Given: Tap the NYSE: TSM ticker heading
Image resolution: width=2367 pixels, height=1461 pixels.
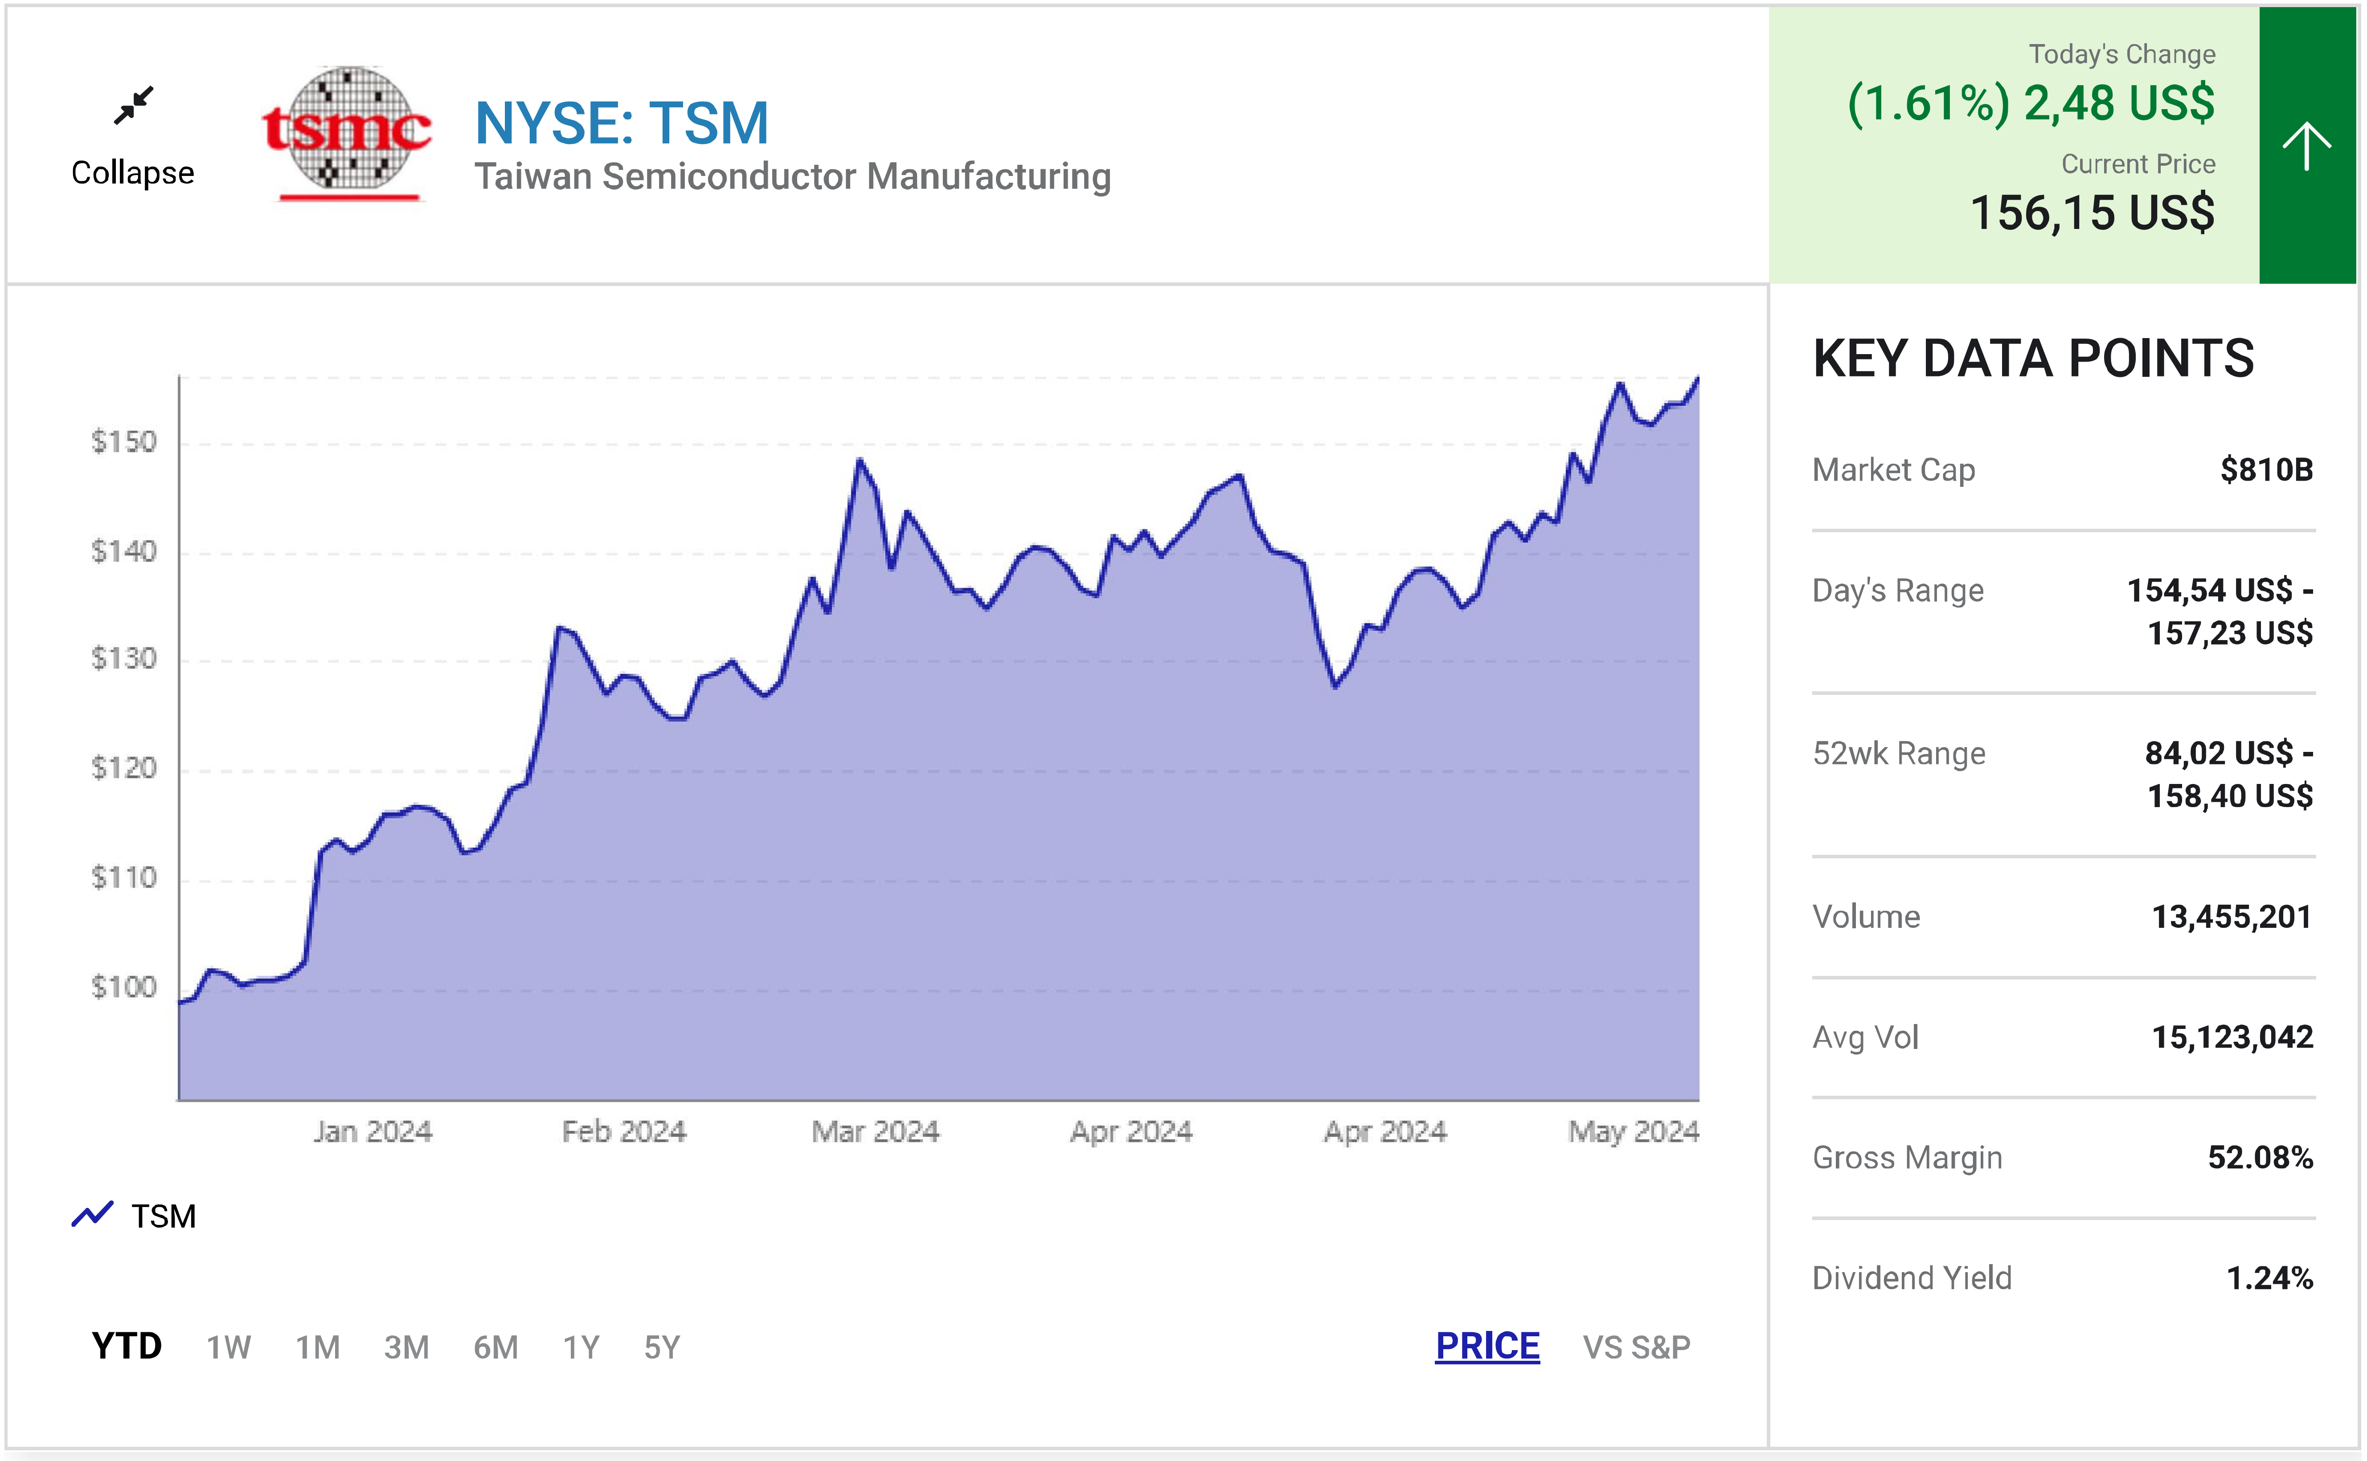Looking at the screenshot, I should click(x=622, y=124).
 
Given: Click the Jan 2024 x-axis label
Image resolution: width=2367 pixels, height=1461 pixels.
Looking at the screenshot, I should click(x=372, y=1131).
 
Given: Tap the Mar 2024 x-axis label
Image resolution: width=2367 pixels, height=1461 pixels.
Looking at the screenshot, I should click(x=875, y=1131).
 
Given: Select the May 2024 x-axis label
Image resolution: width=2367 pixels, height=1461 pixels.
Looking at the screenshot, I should click(x=1633, y=1131).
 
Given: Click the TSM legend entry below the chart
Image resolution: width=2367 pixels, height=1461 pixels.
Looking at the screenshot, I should click(x=135, y=1216).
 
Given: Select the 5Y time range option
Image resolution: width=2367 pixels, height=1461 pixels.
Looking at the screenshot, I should click(x=662, y=1347).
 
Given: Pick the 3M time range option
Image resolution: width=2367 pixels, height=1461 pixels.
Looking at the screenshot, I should click(x=406, y=1347).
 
